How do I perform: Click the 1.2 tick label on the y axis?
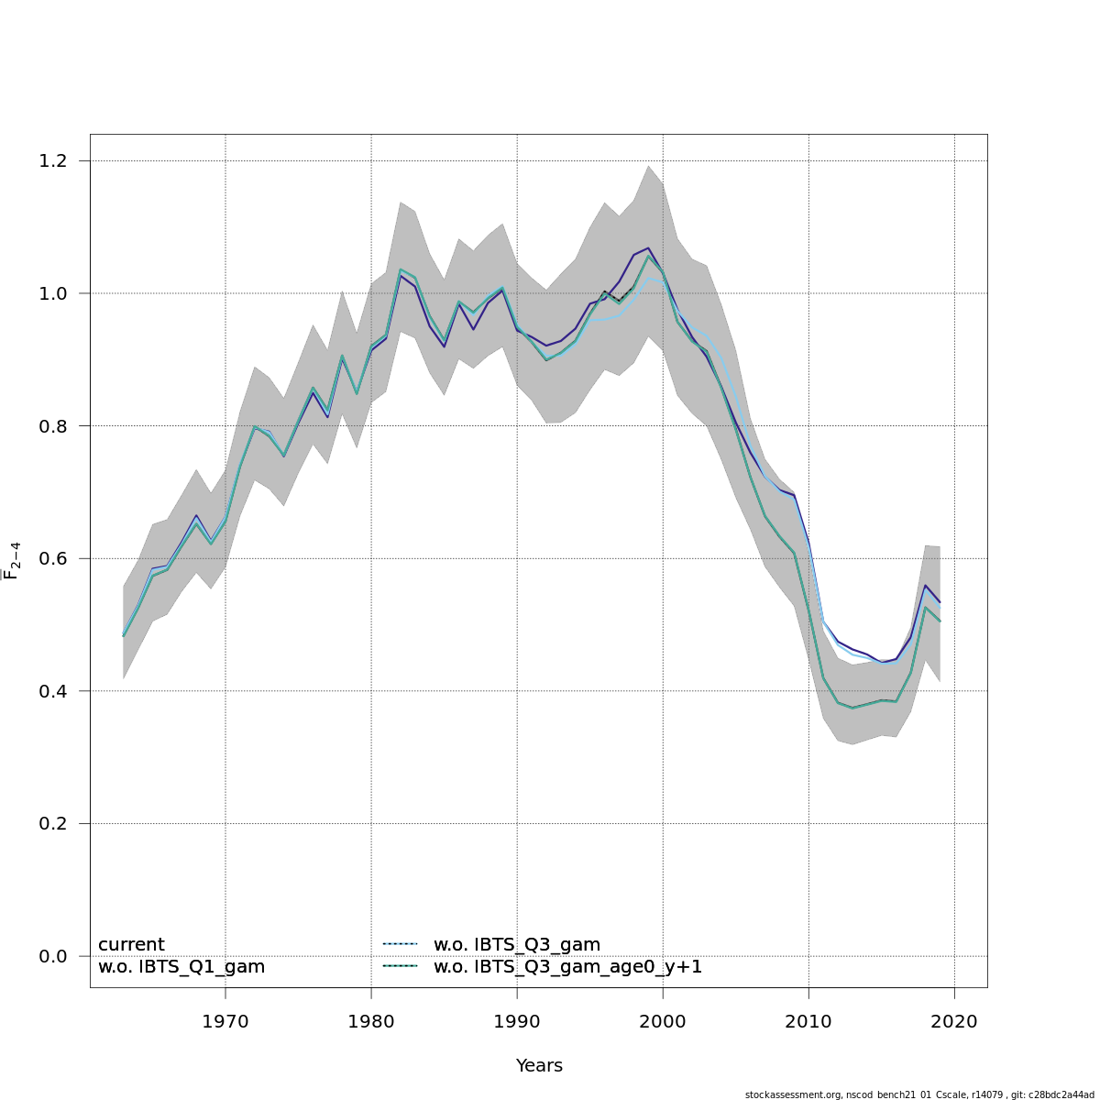54,161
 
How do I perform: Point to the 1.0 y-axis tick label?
54,293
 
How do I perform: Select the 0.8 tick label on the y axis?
54,426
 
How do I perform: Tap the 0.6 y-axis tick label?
54,558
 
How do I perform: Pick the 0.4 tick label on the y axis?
54,691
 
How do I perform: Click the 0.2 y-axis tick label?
54,823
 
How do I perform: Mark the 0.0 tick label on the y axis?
54,956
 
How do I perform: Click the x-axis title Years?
539,1066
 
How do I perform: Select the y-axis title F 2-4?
13,561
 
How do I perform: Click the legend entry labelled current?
131,945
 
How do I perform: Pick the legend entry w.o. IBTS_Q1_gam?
181,967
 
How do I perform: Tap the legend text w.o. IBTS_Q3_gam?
517,945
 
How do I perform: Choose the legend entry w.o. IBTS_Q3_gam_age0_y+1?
567,967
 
